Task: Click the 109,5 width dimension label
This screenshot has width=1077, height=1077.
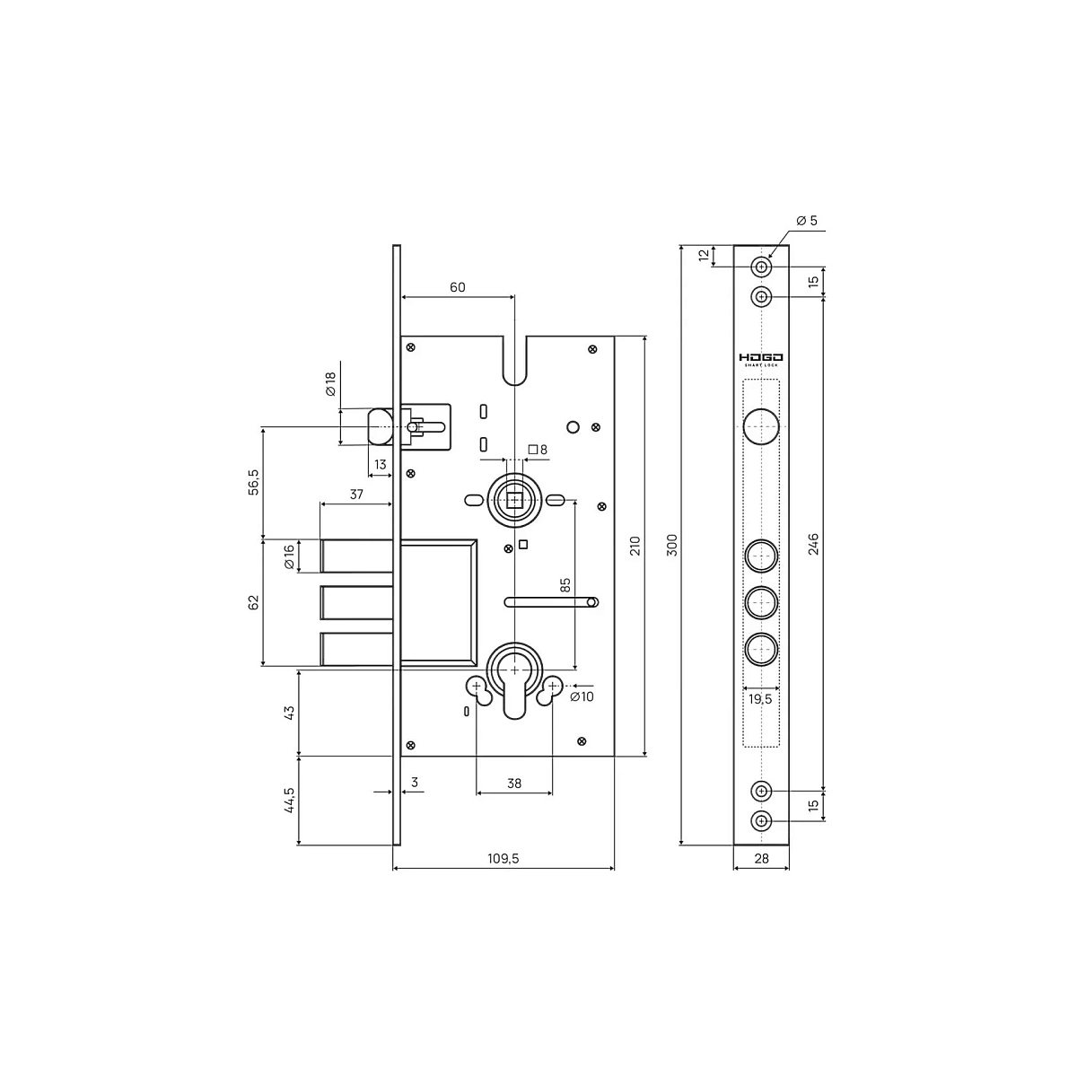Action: [x=503, y=858]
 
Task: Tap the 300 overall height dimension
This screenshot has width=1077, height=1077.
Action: [x=672, y=545]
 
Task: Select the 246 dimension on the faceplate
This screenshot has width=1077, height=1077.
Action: [x=813, y=544]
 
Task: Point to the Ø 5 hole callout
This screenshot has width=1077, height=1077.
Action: [x=807, y=221]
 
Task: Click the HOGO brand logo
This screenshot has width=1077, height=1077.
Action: [x=761, y=358]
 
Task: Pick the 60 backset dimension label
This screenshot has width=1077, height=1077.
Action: [x=457, y=287]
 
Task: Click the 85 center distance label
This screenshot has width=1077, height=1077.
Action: [x=565, y=585]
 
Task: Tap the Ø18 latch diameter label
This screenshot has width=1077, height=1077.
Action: [x=331, y=384]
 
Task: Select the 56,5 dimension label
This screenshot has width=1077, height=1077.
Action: [x=254, y=482]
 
